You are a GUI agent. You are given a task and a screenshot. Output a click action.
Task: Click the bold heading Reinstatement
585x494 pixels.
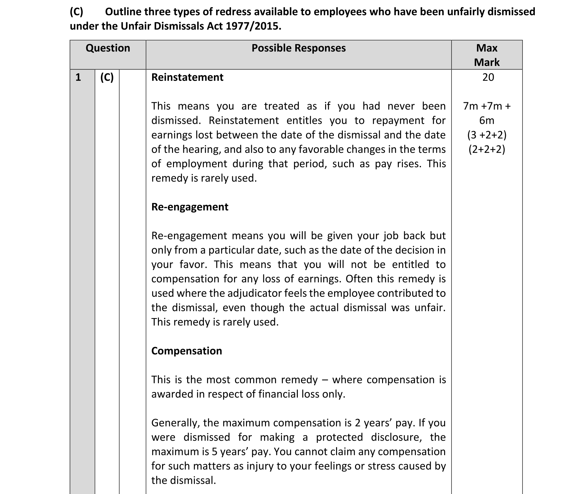[x=187, y=78]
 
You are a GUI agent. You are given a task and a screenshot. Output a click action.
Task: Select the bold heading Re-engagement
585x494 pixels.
[x=190, y=207]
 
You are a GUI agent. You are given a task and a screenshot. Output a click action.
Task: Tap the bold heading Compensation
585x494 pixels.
[x=187, y=351]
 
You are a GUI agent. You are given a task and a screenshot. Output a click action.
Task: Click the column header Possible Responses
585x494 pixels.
[x=298, y=48]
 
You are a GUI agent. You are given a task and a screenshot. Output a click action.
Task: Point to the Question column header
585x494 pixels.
[x=108, y=48]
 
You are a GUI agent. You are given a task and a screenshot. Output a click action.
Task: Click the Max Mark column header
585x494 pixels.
[x=487, y=55]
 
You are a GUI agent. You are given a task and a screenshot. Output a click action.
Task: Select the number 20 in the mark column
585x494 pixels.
[x=488, y=78]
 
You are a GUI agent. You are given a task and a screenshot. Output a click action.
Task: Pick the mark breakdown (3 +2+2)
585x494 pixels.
[x=487, y=135]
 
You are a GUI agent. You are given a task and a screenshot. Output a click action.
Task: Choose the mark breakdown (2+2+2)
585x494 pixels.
[x=487, y=150]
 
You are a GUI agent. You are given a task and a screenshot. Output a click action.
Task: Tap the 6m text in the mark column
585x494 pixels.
[x=487, y=121]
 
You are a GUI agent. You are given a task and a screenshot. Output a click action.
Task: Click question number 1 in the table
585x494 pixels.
[x=78, y=78]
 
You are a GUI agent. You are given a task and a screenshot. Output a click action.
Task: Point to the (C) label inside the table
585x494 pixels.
[x=107, y=78]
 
